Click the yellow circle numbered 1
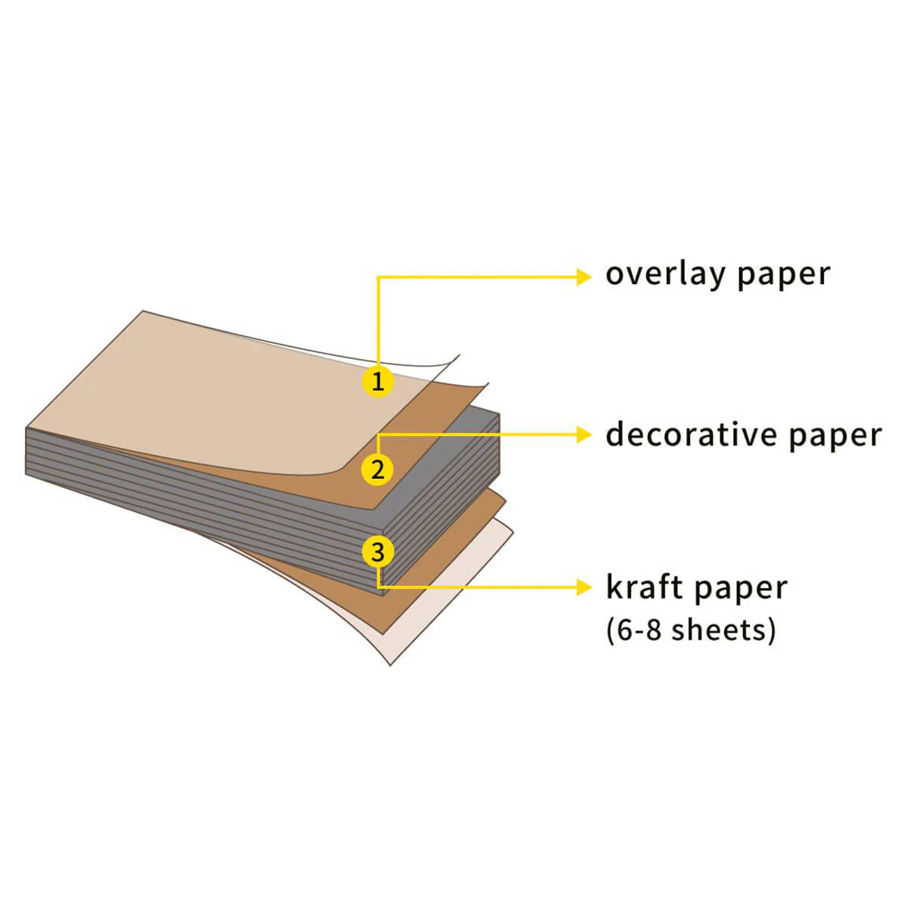(378, 381)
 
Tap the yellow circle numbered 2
(377, 469)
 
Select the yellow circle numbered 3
(378, 552)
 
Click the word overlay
(666, 274)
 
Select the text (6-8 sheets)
(691, 630)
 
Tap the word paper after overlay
(784, 277)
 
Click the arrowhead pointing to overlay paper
(584, 277)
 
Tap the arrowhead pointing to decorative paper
(584, 435)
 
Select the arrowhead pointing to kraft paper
(584, 587)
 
